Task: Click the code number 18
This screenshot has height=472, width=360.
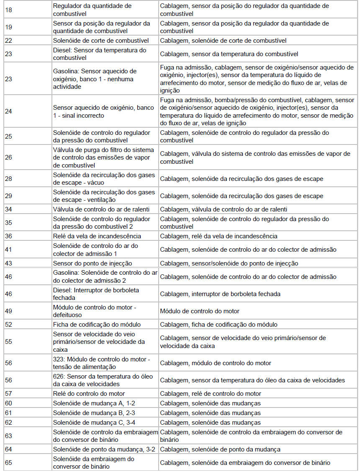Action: tap(9, 10)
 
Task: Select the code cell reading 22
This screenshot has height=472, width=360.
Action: tap(9, 41)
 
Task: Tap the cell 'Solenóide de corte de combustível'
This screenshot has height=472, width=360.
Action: tap(101, 41)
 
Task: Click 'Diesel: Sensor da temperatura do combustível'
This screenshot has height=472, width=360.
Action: tap(100, 54)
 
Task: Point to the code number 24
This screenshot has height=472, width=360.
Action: tap(9, 112)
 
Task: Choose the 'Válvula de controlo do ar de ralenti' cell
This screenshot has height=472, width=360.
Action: tap(101, 209)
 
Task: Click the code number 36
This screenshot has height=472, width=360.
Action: tap(9, 236)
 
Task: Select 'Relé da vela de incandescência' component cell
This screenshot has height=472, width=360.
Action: tap(97, 236)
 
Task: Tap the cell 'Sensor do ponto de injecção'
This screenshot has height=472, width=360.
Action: tap(93, 263)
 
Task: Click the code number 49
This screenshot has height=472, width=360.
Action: tap(9, 311)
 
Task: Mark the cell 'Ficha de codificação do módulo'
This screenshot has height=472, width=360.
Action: tap(97, 325)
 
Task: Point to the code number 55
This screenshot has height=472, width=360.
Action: tap(9, 342)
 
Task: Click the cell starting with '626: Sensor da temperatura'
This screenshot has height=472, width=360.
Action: tap(103, 380)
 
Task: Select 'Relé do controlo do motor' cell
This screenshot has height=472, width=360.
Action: tap(89, 394)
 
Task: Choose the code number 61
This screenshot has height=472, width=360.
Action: tap(9, 413)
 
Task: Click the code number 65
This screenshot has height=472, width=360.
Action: tap(9, 463)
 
